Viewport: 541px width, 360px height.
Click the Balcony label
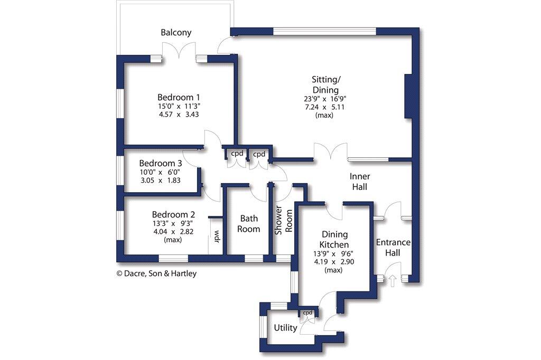176,33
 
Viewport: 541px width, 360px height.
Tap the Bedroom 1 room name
179,98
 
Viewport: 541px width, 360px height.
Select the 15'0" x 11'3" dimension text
179,106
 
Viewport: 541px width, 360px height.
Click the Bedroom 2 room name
174,215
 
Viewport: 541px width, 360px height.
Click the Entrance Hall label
393,248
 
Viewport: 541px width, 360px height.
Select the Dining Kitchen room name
334,240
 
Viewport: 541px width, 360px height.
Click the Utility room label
285,328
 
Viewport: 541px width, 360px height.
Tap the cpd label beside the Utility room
307,312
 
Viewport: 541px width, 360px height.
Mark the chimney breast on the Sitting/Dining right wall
407,96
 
